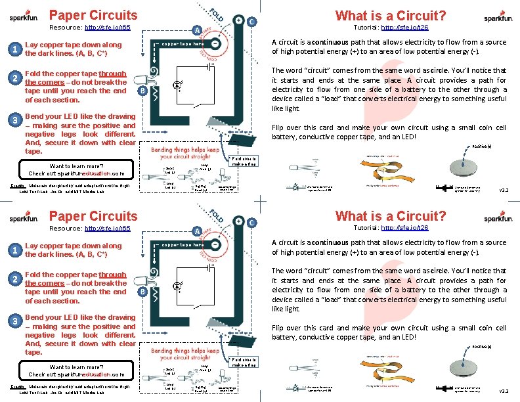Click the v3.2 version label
[504, 190]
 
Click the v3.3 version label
[504, 391]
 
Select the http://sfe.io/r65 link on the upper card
[108, 29]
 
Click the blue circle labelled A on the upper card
[196, 30]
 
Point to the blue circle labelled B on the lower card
[142, 291]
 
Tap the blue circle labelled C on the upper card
[252, 20]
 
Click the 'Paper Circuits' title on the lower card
[93, 215]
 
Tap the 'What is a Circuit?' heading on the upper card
[391, 15]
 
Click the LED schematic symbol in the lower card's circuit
[177, 286]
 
